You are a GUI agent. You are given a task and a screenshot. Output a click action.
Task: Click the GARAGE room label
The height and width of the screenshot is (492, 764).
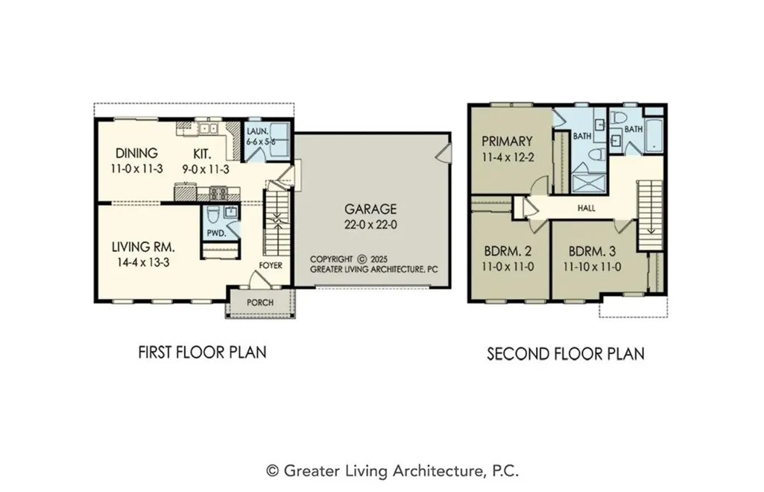tap(370, 209)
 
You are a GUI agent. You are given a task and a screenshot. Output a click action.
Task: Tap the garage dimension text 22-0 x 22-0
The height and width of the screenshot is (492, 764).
tap(370, 225)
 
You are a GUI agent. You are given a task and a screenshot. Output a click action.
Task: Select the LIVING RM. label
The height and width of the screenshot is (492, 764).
tap(143, 247)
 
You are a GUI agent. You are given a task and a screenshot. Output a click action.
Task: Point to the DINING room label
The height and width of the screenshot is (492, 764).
tap(136, 153)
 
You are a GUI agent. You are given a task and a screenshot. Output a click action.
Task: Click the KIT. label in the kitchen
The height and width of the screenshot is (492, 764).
tap(202, 154)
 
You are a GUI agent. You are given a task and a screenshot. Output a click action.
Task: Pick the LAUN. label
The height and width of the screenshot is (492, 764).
tap(257, 131)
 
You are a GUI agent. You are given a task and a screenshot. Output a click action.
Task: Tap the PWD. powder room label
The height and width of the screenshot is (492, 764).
tap(217, 233)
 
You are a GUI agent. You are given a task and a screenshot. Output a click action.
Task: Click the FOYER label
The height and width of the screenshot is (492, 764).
tap(271, 265)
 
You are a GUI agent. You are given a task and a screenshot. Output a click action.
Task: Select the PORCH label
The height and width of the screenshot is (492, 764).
tap(259, 303)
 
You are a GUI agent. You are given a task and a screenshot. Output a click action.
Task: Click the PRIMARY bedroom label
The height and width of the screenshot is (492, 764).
tap(507, 142)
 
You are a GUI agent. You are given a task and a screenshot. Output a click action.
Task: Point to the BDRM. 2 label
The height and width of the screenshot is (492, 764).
tap(508, 251)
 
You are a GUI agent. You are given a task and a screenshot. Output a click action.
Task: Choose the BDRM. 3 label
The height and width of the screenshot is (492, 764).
tap(592, 251)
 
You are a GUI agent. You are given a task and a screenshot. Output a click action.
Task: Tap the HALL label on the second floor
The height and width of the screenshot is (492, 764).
tap(586, 208)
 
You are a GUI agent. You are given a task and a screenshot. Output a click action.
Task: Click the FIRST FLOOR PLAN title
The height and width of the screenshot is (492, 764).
tap(202, 352)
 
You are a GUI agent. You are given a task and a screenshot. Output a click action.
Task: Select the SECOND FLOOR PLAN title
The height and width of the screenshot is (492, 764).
tap(566, 353)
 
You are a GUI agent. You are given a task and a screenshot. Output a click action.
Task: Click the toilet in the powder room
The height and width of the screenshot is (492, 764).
tap(212, 215)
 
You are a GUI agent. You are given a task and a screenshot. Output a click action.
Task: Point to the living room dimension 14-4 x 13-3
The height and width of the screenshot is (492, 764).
tap(143, 262)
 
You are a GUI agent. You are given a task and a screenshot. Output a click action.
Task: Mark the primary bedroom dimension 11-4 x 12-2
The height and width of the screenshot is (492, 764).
tap(507, 157)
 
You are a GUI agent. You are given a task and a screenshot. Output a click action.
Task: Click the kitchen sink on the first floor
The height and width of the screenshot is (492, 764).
tap(209, 128)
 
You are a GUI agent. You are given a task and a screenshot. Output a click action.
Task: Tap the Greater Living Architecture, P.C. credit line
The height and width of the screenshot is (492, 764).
tap(392, 471)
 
